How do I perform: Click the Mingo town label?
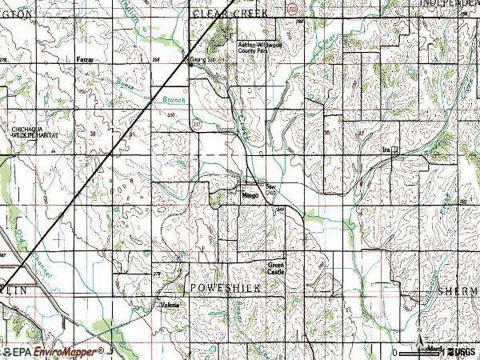pos(248,194)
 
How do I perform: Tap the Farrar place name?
pos(84,60)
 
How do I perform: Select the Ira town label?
pos(386,150)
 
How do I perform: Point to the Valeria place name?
pos(169,305)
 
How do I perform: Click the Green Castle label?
pos(276,269)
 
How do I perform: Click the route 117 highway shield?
pos(196,124)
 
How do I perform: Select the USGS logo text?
pos(462,351)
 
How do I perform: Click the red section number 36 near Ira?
pos(326,133)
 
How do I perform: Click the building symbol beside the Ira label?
pos(394,150)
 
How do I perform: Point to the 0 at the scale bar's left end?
pos(395,352)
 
